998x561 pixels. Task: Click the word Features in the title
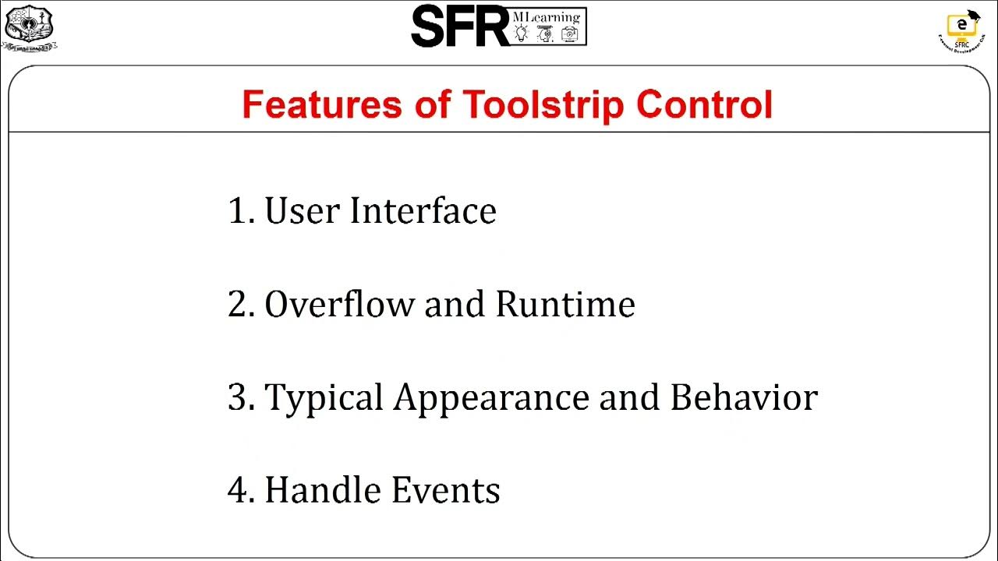coord(321,104)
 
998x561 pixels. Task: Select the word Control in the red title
coord(704,104)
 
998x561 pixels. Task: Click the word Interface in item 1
coord(423,210)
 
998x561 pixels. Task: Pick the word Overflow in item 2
coord(339,304)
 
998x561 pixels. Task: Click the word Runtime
coord(565,304)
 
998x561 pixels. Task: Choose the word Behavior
coord(744,397)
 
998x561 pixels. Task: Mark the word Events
coord(445,490)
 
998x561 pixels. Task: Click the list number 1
coord(238,211)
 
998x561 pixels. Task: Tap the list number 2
coord(238,305)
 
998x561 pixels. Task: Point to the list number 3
coord(238,398)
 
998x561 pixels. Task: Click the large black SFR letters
coord(460,26)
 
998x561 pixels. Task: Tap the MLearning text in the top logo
coord(547,16)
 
